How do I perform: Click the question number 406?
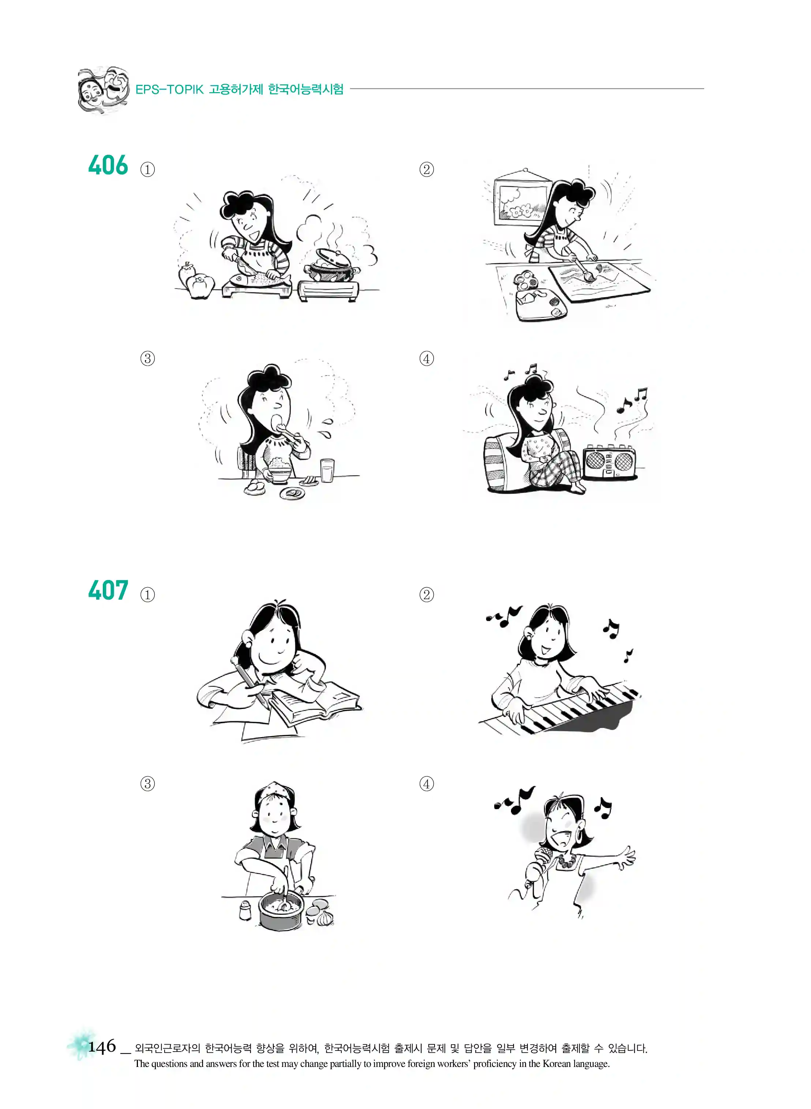[108, 165]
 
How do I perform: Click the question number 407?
[108, 590]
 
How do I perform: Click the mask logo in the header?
[104, 90]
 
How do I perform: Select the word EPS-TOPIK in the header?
[169, 89]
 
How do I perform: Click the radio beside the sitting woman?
[609, 462]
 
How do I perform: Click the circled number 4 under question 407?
[427, 784]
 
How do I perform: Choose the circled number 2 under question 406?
[427, 170]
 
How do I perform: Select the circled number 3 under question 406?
[148, 359]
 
